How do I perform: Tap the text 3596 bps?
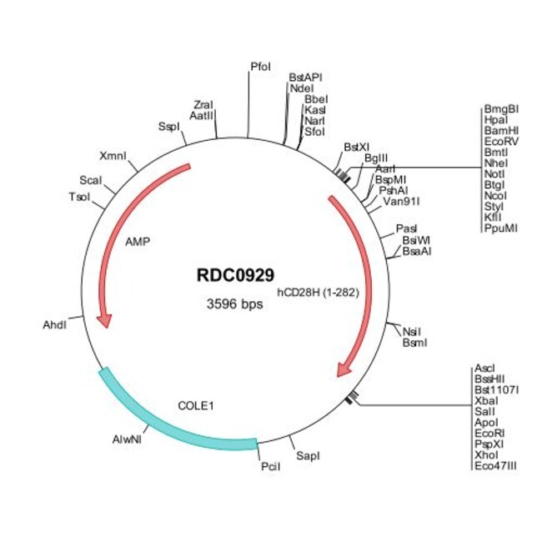[235, 304]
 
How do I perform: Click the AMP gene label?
[137, 243]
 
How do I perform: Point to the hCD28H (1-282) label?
[318, 292]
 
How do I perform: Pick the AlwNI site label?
[127, 438]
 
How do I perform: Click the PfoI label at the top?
[260, 66]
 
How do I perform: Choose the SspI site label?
[168, 126]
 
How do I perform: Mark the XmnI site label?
[113, 156]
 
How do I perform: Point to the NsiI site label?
[411, 331]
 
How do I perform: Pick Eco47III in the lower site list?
[494, 465]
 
